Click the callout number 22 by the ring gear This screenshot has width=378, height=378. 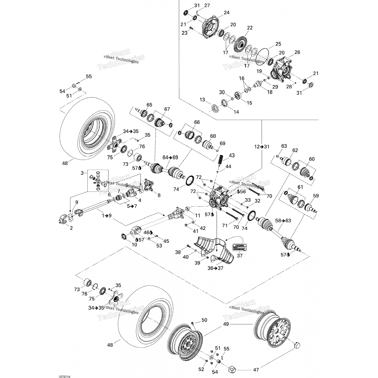[x=250, y=28]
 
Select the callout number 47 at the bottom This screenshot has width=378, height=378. [x=256, y=370]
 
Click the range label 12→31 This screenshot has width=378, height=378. [x=262, y=147]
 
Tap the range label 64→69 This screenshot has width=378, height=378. [x=170, y=157]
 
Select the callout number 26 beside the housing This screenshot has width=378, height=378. [x=297, y=52]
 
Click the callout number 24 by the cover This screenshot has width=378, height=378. [x=227, y=13]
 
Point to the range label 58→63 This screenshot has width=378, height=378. [x=283, y=220]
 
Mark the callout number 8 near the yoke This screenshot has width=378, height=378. [x=159, y=195]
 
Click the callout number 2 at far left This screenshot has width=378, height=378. [x=71, y=228]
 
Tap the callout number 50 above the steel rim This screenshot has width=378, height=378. [x=204, y=320]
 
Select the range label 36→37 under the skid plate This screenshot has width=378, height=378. [x=215, y=268]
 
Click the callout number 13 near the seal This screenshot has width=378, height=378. [x=202, y=100]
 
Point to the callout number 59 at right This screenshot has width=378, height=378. [x=316, y=196]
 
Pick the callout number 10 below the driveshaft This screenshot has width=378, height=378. [x=134, y=245]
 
